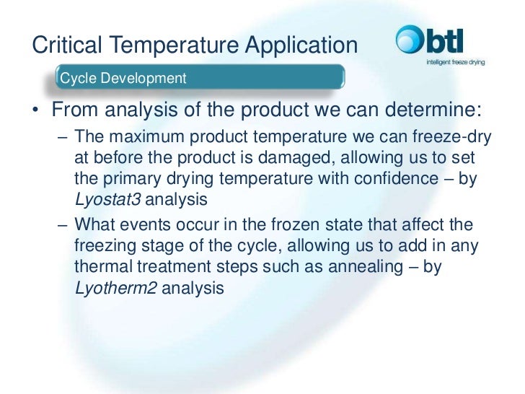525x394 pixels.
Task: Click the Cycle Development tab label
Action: pyautogui.click(x=123, y=78)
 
